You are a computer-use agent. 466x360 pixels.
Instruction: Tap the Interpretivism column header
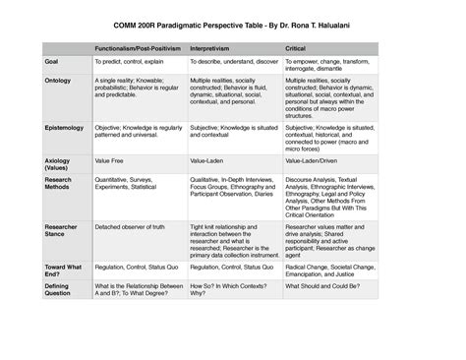click(211, 46)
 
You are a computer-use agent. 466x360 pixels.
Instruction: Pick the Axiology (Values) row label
click(58, 162)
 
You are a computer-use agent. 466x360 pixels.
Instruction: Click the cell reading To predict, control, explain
click(129, 61)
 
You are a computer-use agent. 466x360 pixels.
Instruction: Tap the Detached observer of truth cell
click(131, 226)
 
